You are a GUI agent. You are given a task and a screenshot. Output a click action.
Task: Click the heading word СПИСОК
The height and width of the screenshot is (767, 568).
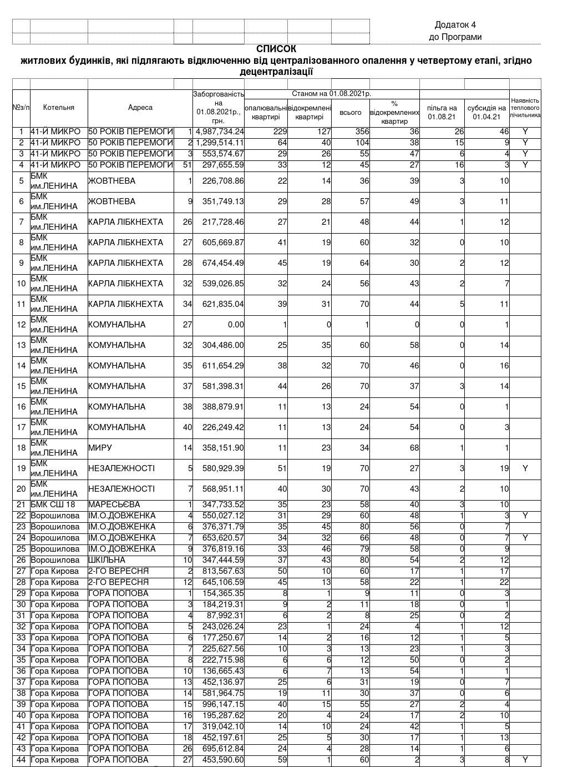tap(276, 49)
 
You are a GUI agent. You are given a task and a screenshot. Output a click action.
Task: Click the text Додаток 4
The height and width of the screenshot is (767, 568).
tap(455, 24)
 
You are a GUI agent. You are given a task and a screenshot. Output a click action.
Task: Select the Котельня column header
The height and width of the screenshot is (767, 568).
tap(58, 108)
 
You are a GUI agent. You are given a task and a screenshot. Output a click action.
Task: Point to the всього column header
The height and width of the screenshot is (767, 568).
tap(351, 113)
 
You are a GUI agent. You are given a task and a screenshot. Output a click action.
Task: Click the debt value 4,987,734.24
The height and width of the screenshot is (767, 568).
tap(220, 132)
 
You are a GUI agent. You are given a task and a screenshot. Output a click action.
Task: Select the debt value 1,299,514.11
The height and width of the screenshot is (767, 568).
tap(220, 143)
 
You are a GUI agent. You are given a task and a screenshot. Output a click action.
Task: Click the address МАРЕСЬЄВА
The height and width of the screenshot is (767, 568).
tap(114, 504)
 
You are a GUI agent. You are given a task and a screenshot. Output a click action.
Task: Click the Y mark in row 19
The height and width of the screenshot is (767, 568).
tap(525, 468)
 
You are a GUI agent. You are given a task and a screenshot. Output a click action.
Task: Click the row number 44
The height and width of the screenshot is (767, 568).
tap(21, 760)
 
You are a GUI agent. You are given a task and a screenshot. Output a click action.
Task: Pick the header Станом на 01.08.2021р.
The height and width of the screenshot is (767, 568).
tap(331, 94)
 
